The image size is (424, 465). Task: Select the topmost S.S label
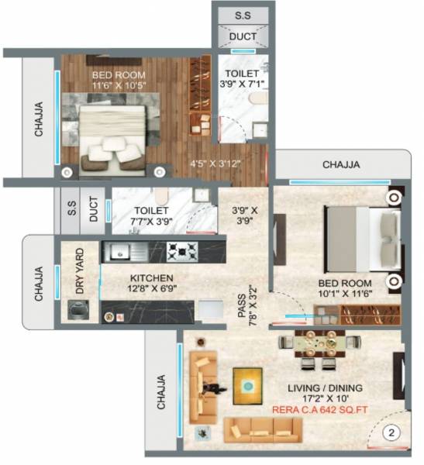click(x=243, y=15)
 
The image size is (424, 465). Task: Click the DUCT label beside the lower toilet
click(x=93, y=210)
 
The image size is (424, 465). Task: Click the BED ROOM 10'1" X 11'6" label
click(x=346, y=288)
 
